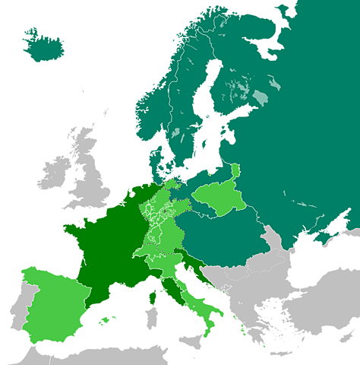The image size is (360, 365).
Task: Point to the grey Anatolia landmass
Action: (334, 319)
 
